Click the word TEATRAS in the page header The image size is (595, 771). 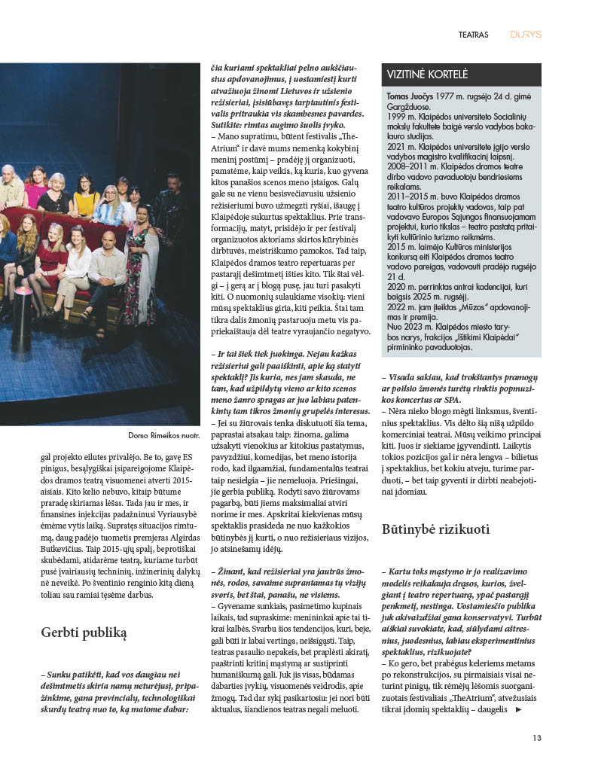(474, 35)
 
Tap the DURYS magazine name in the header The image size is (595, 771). (526, 35)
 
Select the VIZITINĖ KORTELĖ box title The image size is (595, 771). (427, 75)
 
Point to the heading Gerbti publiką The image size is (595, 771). (84, 632)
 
